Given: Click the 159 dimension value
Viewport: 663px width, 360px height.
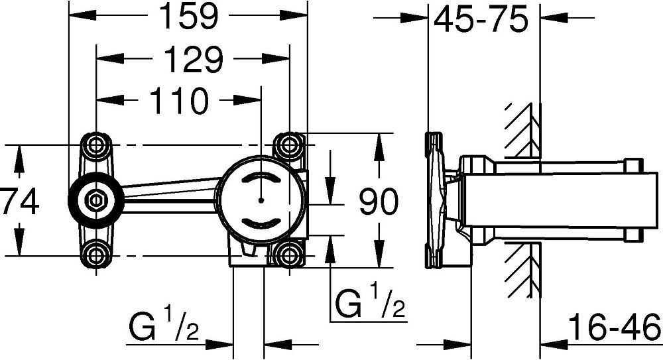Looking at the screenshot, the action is coord(189,16).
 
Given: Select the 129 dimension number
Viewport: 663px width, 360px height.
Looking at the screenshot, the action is coord(193,59).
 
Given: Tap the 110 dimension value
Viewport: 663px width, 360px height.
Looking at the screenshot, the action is coord(179,101).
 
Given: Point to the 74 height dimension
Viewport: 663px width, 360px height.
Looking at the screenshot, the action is coord(19,202).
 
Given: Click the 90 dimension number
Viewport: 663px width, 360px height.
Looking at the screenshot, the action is coord(379,202).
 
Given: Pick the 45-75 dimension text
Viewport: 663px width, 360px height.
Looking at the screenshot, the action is coord(481,19).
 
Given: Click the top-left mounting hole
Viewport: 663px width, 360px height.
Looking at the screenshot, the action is coord(96,145).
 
